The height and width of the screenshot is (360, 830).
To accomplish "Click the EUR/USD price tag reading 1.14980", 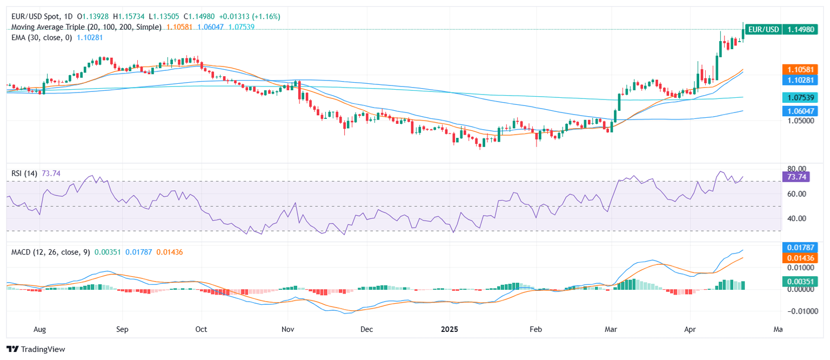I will click(802, 29).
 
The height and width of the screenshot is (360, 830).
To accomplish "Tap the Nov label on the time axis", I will click(288, 329).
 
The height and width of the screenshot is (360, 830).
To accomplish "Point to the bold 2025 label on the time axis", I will click(450, 329).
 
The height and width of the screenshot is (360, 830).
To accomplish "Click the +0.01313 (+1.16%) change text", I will click(249, 17).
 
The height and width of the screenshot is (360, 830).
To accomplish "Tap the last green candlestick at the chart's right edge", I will click(744, 34).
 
